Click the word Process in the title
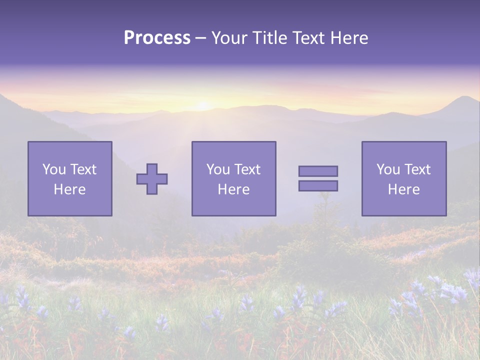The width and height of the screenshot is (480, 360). click(157, 38)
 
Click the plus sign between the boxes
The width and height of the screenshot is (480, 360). click(152, 178)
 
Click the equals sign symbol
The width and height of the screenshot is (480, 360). click(318, 178)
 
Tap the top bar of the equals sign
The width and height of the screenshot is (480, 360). click(318, 171)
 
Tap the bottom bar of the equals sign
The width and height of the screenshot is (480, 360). click(318, 186)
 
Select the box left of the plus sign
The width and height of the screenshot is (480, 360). click(69, 178)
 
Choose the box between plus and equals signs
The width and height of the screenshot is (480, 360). click(233, 178)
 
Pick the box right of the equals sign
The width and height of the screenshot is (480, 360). click(403, 178)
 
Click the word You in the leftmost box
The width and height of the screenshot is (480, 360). click(54, 169)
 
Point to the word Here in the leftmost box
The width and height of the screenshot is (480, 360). click(69, 189)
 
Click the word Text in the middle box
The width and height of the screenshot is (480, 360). click(246, 169)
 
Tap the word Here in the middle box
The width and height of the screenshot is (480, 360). click(233, 189)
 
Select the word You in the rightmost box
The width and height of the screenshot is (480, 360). click(388, 169)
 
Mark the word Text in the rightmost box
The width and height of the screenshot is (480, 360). click(416, 169)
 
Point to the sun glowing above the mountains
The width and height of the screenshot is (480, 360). click(203, 105)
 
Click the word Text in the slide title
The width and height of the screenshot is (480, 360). click(305, 38)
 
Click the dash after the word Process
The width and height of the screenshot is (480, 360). click(201, 38)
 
